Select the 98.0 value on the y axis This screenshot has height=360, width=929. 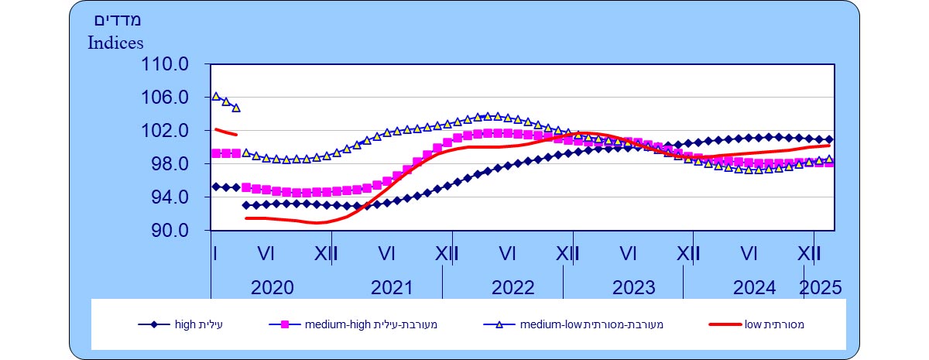171,164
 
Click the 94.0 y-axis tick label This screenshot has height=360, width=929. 171,197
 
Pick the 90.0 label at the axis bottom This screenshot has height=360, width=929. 171,231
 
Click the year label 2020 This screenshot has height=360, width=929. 273,288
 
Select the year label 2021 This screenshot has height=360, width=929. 393,288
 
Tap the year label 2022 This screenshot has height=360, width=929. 513,288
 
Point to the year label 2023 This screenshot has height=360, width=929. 634,288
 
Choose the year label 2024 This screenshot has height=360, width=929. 754,288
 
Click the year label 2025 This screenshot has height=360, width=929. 821,288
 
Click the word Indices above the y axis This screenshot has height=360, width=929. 116,42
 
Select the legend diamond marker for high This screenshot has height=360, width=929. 154,324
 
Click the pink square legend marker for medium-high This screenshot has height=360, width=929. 284,324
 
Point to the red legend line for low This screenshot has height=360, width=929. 725,324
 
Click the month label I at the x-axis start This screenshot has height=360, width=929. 215,253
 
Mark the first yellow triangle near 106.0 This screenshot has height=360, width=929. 216,97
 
